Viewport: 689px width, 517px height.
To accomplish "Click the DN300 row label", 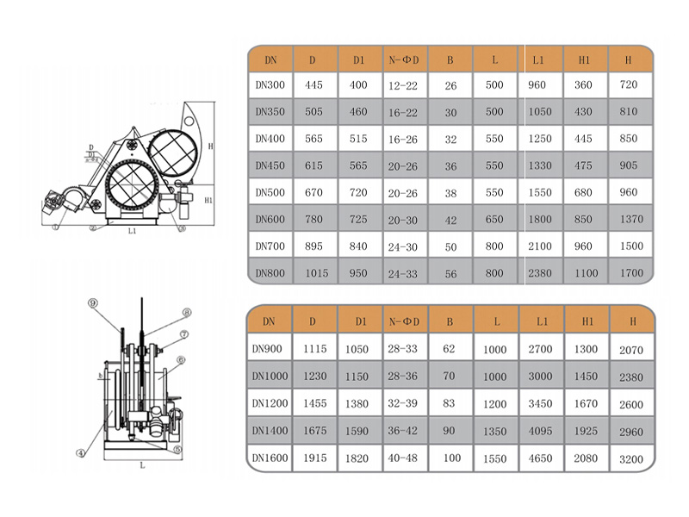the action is click(x=270, y=84).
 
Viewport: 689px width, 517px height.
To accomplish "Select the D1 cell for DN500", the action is click(x=358, y=192).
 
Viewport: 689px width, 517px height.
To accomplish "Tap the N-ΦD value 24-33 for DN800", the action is click(x=402, y=274).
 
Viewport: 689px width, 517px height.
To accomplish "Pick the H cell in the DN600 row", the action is click(x=631, y=219).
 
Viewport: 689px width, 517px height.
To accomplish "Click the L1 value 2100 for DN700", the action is click(x=540, y=246).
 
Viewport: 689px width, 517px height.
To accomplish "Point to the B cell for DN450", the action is click(x=450, y=166).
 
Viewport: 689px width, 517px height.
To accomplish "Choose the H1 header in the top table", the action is click(x=584, y=59).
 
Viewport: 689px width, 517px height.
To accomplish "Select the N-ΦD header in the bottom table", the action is click(x=404, y=321).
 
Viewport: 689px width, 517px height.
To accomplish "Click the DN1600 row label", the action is click(x=270, y=458).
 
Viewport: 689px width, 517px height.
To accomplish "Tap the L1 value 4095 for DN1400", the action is click(x=540, y=431).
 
